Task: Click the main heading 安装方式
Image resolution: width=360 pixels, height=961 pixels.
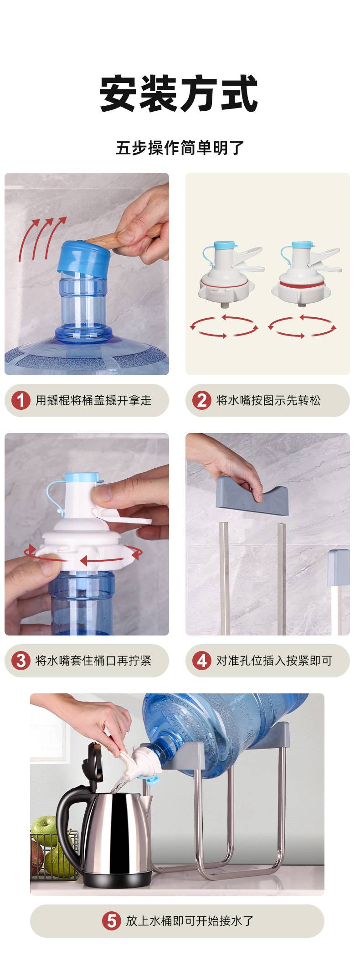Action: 179,94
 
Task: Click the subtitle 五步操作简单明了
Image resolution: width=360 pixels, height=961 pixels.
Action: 180,148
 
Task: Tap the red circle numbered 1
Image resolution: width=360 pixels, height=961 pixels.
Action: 21,400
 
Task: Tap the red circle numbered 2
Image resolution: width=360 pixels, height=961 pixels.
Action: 201,400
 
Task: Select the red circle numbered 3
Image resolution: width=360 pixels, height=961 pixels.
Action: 21,661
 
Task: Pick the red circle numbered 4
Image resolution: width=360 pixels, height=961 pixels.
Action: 201,661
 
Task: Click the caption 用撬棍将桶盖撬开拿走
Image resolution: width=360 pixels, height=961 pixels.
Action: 93,400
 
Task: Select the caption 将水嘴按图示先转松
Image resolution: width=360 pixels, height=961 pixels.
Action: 268,400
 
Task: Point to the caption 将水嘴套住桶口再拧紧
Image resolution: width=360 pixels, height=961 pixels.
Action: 93,661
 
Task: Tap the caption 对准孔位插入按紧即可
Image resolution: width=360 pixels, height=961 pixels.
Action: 274,661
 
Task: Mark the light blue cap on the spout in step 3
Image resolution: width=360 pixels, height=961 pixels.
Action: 82,478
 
